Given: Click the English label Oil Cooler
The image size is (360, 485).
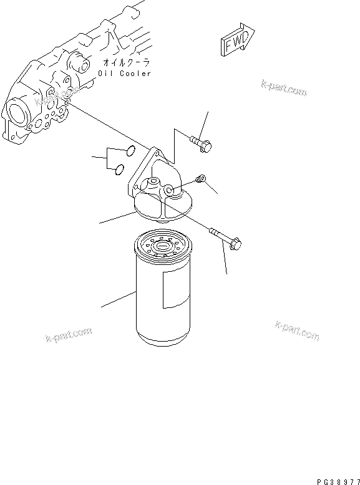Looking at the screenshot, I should coord(125,74).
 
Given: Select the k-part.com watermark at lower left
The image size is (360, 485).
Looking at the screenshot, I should coord(69,335).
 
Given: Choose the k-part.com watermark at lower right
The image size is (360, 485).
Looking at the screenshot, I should coord(297,330).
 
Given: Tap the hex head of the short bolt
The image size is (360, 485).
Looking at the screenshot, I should coord(207,146).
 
